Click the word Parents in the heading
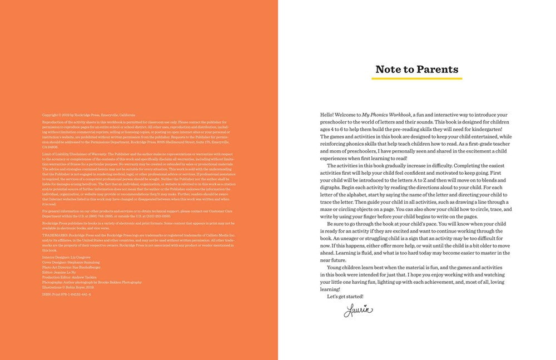pos(436,70)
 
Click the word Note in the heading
pos(389,70)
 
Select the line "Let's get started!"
pos(345,297)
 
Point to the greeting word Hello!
pos(327,115)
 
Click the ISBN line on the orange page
pos(67,293)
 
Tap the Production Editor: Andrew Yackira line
pos(69,277)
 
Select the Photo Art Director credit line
pos(72,267)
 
